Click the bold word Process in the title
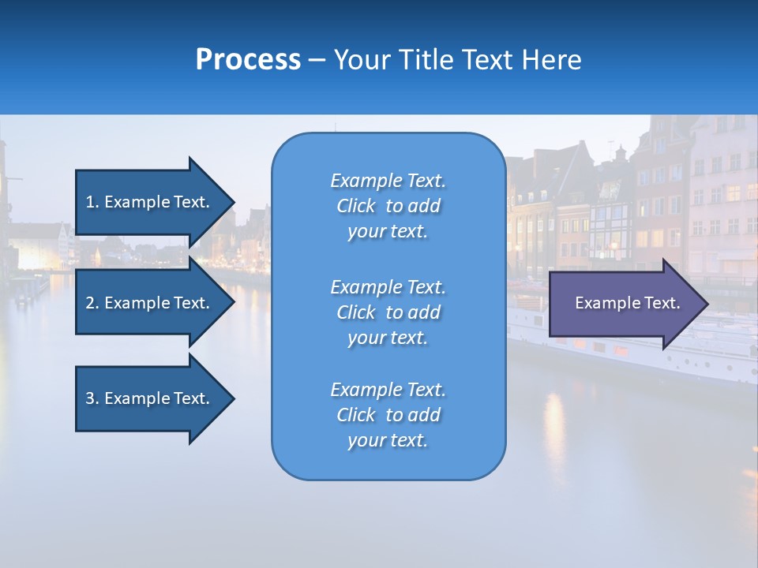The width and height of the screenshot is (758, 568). tap(248, 60)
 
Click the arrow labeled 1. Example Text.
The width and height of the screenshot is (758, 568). tap(150, 202)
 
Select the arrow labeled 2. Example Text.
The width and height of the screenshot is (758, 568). tap(150, 303)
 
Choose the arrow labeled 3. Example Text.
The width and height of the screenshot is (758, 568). tap(150, 398)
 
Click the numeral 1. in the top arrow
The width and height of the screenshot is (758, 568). tap(92, 202)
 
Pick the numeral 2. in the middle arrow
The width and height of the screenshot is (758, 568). tap(92, 303)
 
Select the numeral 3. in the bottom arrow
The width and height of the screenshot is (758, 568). tap(92, 398)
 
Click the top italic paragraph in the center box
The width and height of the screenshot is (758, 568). tap(388, 206)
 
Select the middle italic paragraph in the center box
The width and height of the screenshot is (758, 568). tap(388, 312)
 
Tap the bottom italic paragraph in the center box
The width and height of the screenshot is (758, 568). tap(388, 415)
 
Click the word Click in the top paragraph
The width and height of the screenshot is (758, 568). tap(355, 206)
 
